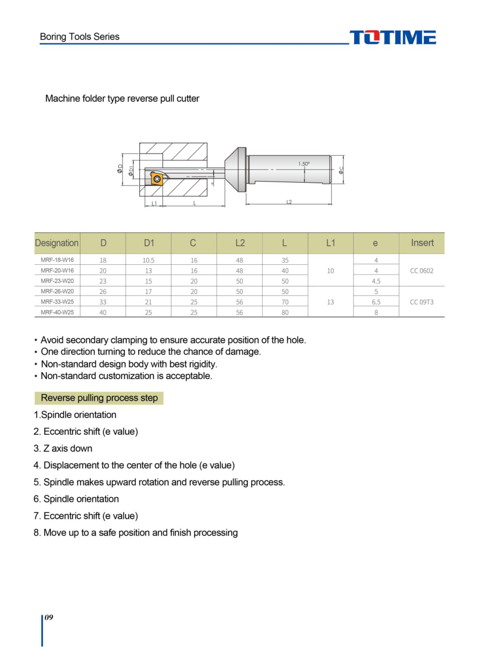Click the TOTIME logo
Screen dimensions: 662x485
[x=392, y=38]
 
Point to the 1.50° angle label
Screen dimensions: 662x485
[x=304, y=164]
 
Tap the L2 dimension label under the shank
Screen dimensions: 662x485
[x=289, y=203]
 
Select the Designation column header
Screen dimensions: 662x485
[x=57, y=243]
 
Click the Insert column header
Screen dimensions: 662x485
[x=422, y=243]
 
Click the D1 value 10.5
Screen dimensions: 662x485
[x=149, y=260]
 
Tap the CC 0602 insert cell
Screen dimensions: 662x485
[x=422, y=271]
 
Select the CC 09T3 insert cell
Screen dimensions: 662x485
[x=422, y=301]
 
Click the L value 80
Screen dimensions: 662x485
[x=285, y=312]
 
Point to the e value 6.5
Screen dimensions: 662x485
[x=376, y=302]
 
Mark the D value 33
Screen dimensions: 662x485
[x=103, y=302]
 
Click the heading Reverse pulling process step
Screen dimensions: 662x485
[x=99, y=398]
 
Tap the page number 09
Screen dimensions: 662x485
[x=49, y=618]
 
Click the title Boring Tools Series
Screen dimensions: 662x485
[x=79, y=37]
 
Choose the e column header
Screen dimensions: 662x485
[x=375, y=243]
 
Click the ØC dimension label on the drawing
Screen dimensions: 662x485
[x=341, y=169]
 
